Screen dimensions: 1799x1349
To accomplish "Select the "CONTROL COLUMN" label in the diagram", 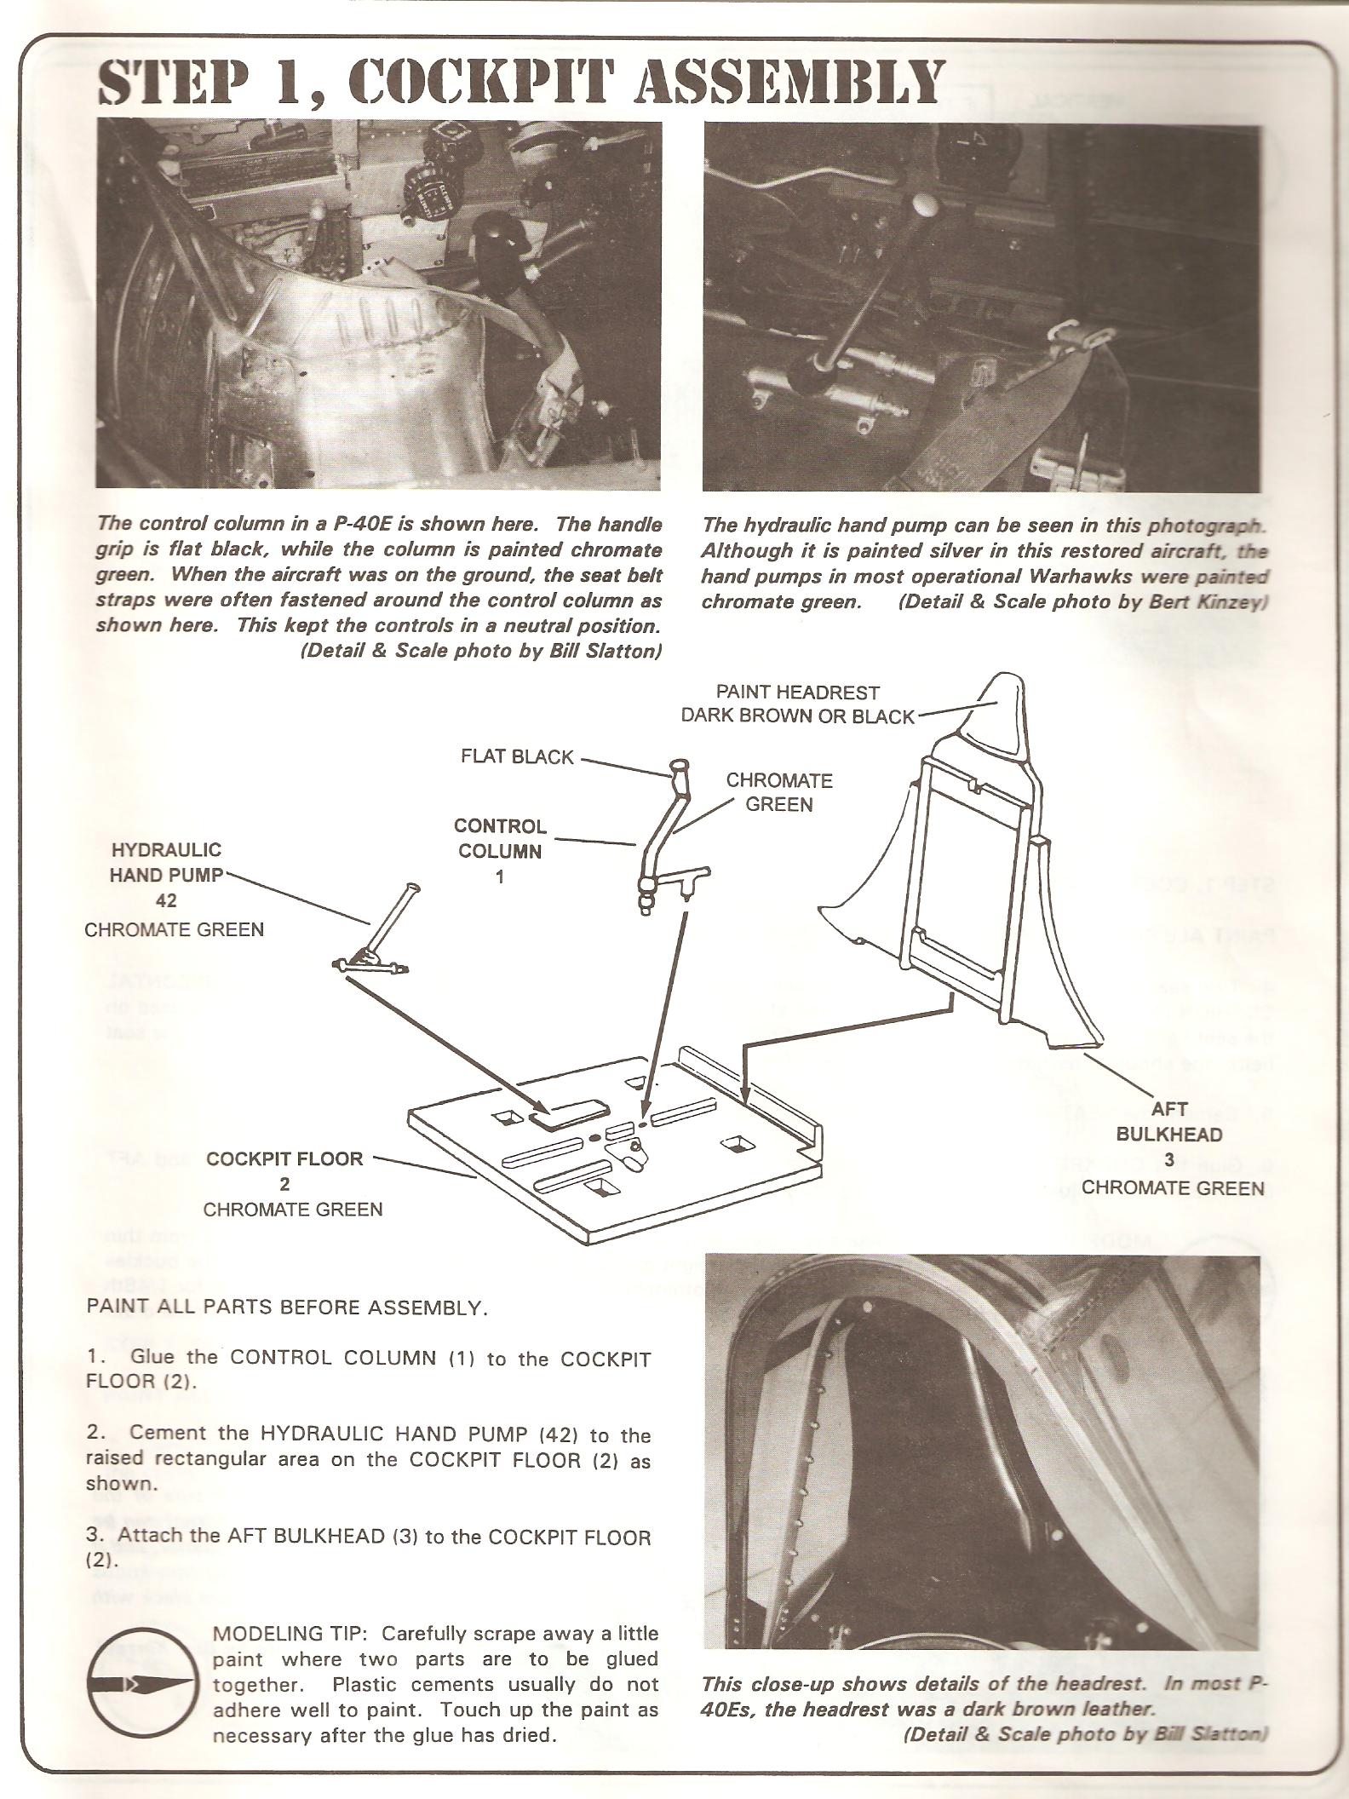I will pos(500,838).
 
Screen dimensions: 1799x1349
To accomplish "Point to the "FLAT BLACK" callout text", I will pos(518,757).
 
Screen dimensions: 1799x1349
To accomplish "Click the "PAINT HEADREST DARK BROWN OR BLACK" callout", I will pos(797,704).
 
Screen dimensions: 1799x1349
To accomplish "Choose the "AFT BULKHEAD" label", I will pos(1168,1122).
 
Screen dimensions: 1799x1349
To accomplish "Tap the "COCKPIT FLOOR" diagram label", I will pos(284,1158).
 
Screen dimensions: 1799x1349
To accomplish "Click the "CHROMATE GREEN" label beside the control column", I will pos(779,792).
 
